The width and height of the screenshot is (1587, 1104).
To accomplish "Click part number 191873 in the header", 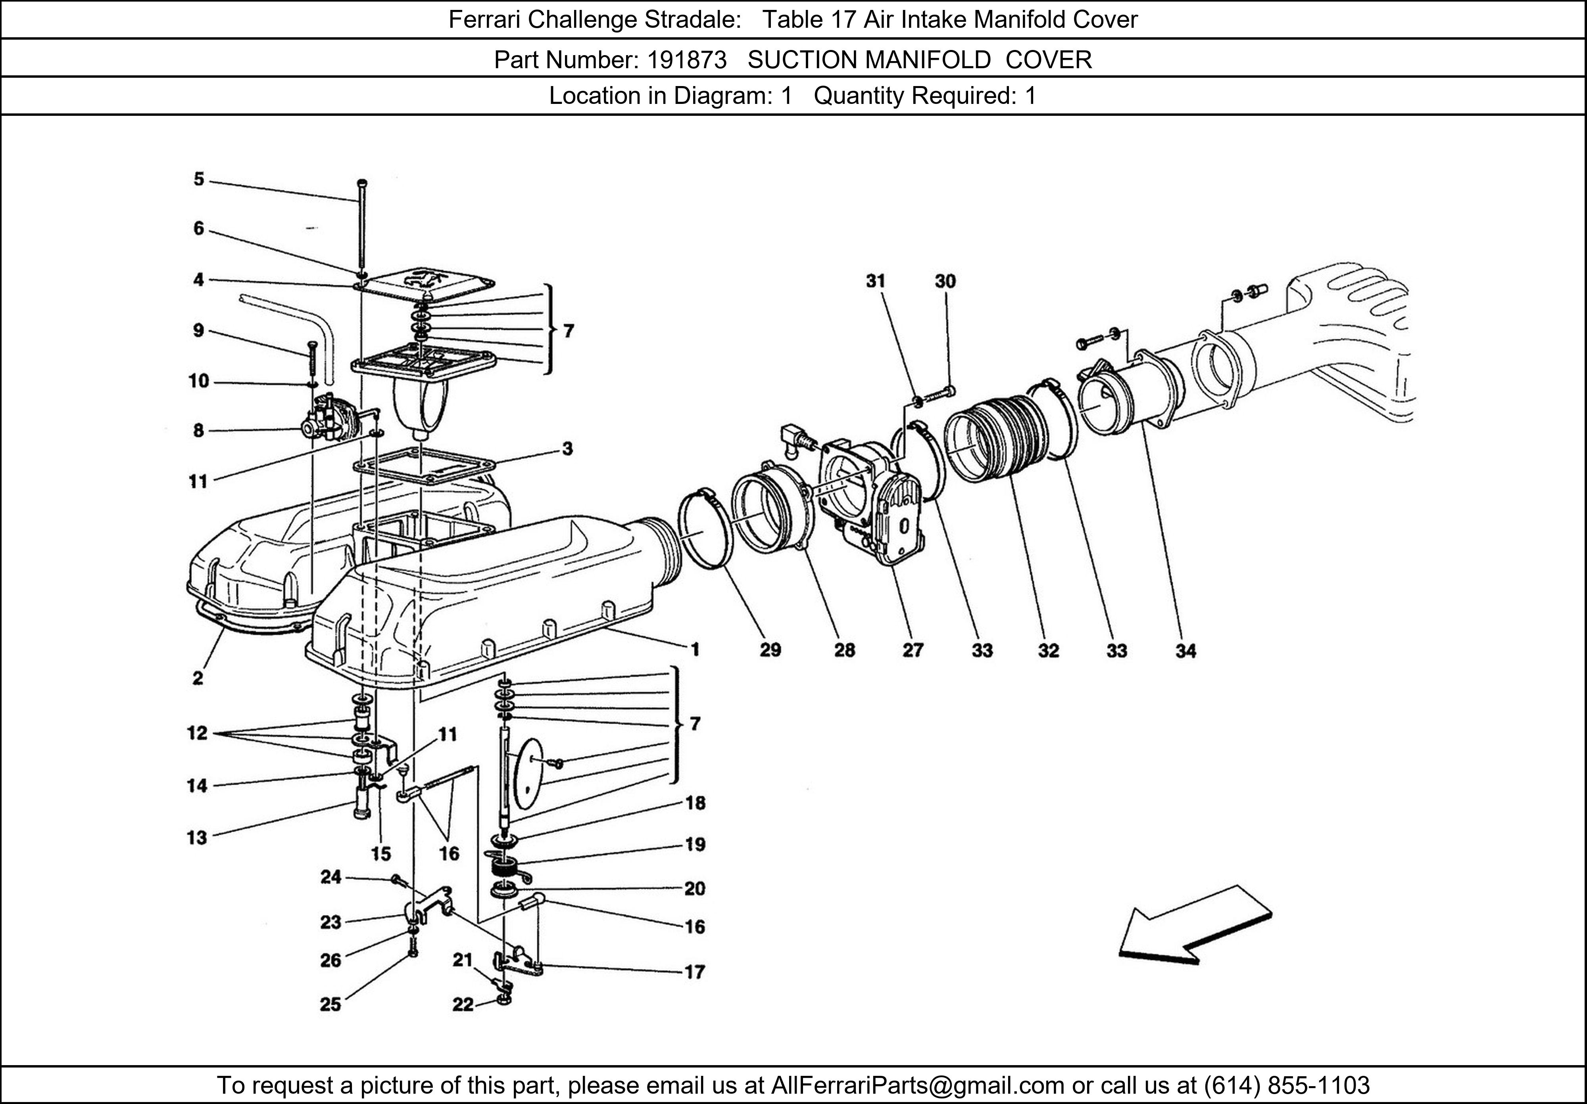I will (x=686, y=60).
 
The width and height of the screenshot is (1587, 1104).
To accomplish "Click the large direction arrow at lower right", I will (x=1194, y=925).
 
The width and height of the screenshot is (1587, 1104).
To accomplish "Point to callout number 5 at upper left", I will (x=199, y=180).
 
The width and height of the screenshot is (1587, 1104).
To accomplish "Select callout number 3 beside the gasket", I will (x=567, y=449).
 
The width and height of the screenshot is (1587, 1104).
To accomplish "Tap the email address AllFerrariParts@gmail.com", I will (x=918, y=1085).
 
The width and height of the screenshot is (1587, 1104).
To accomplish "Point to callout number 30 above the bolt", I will (x=945, y=281).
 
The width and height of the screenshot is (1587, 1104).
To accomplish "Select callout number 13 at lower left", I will (x=197, y=838).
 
